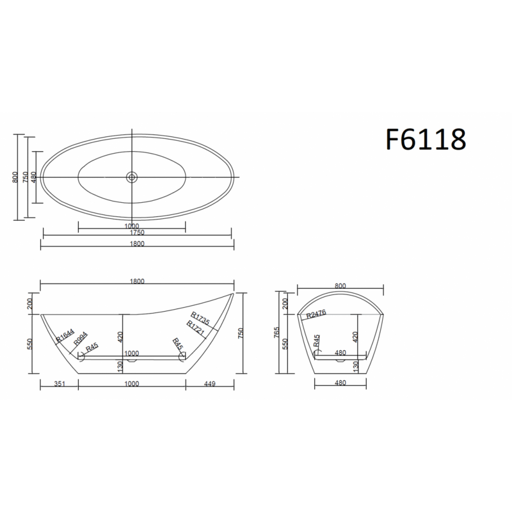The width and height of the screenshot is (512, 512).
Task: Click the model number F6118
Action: [426, 139]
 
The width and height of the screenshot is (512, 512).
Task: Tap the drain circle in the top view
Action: [132, 177]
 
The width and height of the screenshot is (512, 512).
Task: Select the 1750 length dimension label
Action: [137, 233]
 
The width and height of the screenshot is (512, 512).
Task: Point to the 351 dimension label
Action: [60, 383]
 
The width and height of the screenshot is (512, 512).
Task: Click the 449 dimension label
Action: [210, 383]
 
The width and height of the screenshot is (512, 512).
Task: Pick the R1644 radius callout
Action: [65, 335]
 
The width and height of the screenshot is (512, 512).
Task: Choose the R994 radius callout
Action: [81, 339]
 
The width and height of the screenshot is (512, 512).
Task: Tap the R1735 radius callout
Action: [200, 318]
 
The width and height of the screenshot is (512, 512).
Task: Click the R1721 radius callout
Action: [195, 328]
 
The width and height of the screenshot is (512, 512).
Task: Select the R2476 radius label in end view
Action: [316, 314]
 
